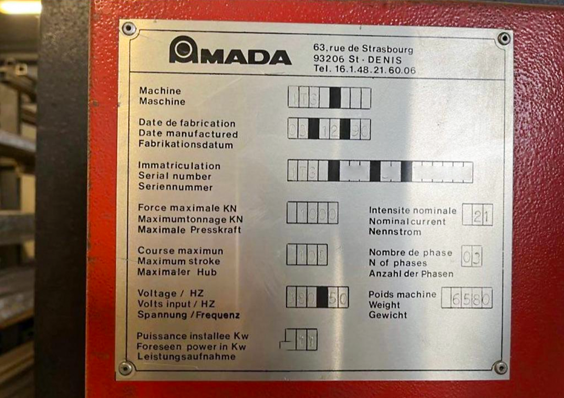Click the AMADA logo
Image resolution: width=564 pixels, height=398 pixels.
[x=230, y=51]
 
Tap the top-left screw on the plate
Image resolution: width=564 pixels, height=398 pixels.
[x=128, y=29]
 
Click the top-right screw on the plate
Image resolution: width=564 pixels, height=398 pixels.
[x=504, y=38]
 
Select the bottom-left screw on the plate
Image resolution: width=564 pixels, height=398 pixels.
[x=126, y=367]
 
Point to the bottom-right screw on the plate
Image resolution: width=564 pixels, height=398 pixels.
[x=500, y=367]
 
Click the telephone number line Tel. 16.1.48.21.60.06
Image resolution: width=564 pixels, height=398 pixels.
[x=364, y=70]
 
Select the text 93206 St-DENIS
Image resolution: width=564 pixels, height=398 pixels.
[x=357, y=60]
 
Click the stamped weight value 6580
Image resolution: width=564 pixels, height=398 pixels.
[x=467, y=298]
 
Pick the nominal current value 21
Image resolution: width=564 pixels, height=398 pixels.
[x=477, y=215]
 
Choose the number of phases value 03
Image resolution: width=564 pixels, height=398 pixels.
[x=472, y=256]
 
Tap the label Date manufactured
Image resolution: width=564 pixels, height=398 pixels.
[x=188, y=134]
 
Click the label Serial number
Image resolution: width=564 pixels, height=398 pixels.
[x=174, y=176]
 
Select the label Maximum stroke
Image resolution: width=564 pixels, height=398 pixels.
[x=178, y=261]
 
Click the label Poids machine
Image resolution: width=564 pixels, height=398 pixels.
[x=402, y=295]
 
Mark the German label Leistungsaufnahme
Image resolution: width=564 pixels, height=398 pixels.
[x=186, y=357]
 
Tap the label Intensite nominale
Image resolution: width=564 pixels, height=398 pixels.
[x=412, y=211]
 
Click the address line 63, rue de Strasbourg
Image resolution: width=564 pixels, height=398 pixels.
[x=363, y=49]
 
